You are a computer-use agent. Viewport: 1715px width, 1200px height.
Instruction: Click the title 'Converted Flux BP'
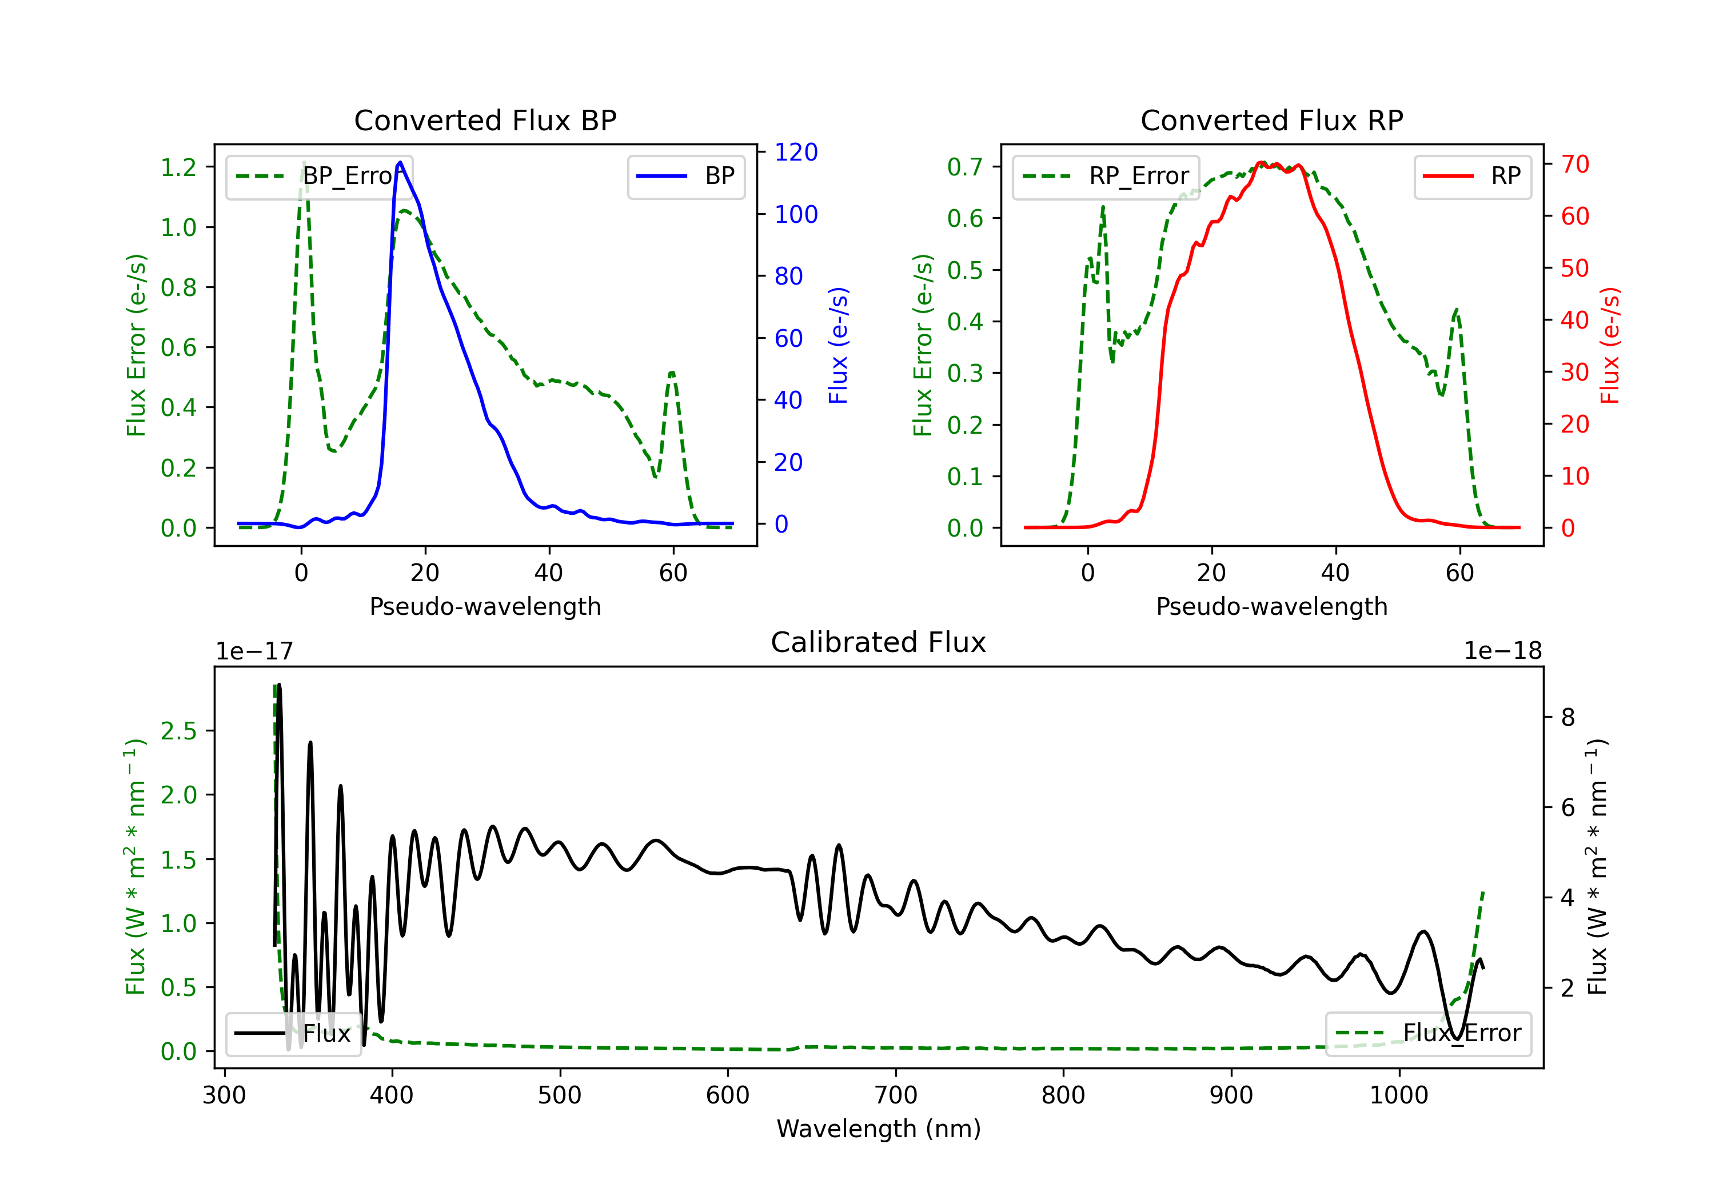pyautogui.click(x=485, y=120)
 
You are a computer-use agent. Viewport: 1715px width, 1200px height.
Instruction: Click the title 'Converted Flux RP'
pyautogui.click(x=1271, y=120)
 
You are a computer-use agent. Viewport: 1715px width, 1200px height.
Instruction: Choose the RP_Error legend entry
pyautogui.click(x=1106, y=176)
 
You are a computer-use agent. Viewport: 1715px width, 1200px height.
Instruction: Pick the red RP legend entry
pyautogui.click(x=1472, y=176)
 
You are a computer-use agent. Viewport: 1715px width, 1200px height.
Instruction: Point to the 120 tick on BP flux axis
pyautogui.click(x=796, y=153)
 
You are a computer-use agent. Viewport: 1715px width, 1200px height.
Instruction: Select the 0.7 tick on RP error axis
pyautogui.click(x=964, y=166)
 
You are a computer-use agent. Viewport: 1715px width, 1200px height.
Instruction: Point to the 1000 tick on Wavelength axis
pyautogui.click(x=1398, y=1095)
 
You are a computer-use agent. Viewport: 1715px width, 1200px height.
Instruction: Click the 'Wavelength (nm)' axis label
pyautogui.click(x=879, y=1129)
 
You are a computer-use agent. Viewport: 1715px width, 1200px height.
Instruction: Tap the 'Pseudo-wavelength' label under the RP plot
pyautogui.click(x=1271, y=606)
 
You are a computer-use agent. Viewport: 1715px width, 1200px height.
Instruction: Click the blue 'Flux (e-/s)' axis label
pyautogui.click(x=838, y=345)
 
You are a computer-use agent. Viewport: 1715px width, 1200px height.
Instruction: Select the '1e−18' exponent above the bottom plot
pyautogui.click(x=1502, y=651)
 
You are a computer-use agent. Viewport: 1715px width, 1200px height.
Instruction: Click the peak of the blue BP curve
pyautogui.click(x=400, y=162)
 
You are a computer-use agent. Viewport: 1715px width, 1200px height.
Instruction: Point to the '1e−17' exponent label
pyautogui.click(x=254, y=651)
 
